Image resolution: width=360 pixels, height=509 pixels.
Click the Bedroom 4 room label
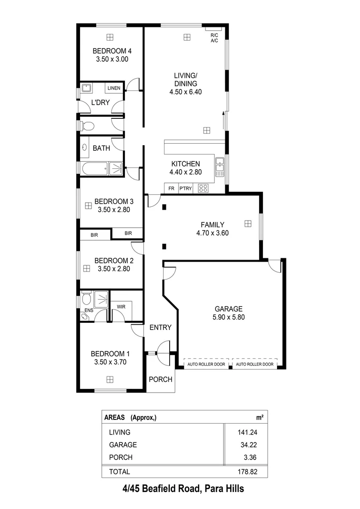[112, 51]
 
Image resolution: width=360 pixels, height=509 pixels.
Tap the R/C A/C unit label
[214, 38]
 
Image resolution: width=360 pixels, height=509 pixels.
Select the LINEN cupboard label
[114, 88]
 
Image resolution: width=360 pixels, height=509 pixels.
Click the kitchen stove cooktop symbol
[204, 188]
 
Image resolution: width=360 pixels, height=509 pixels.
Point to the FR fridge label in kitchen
[171, 189]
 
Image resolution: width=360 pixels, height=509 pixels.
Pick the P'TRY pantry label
[186, 189]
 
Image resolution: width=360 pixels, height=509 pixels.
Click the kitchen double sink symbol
[220, 166]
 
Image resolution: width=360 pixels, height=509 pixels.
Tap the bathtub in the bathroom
[95, 168]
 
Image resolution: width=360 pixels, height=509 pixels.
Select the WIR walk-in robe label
[121, 306]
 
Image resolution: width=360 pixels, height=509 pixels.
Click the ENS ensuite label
[88, 311]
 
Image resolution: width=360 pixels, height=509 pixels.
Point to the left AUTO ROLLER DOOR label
[206, 364]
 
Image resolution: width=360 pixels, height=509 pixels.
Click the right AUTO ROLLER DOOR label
[254, 364]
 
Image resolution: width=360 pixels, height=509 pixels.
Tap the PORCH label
[161, 379]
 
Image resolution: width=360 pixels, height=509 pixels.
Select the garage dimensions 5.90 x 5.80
[229, 317]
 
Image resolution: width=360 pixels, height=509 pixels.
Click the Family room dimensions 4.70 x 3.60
[213, 233]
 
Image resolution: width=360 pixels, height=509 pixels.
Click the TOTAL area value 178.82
[247, 471]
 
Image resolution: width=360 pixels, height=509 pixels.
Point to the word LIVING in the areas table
[120, 432]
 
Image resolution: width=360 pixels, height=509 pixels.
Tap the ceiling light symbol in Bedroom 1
[110, 378]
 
